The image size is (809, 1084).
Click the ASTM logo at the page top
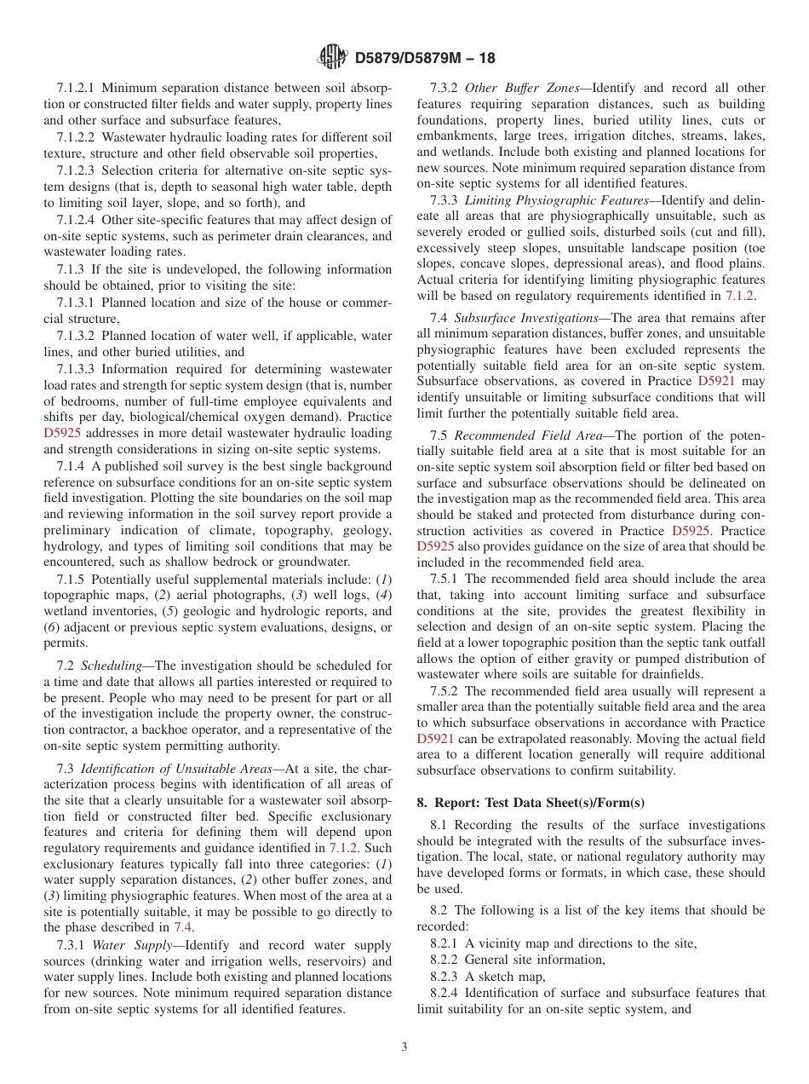[x=332, y=57]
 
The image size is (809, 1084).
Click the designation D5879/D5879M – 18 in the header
[x=424, y=58]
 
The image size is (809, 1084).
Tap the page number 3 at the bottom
[x=404, y=1047]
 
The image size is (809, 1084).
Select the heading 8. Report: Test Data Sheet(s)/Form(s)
[x=531, y=803]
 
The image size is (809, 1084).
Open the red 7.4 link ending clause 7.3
[x=183, y=927]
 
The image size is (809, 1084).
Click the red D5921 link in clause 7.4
[x=715, y=382]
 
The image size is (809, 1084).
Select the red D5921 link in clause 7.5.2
[x=434, y=739]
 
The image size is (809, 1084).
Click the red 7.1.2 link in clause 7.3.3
[x=738, y=296]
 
